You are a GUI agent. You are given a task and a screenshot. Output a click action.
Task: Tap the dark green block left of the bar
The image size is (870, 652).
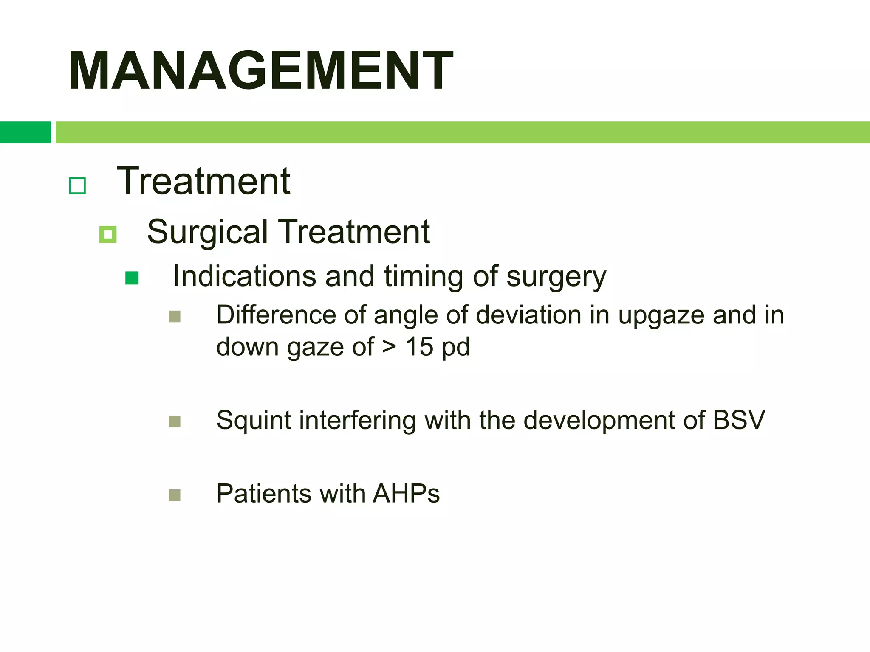tap(25, 132)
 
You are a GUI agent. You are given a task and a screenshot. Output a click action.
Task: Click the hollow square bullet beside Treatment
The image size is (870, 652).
tap(77, 186)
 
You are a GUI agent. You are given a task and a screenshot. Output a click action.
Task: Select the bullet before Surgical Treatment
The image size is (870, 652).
tap(108, 234)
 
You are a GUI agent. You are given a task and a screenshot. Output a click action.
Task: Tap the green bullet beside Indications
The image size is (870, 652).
tap(132, 278)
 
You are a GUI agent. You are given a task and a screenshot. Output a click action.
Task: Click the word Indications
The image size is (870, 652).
tap(245, 276)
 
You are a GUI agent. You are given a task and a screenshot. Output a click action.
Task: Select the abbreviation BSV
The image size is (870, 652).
tap(739, 420)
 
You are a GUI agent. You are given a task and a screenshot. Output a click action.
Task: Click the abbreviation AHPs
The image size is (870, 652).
tap(406, 494)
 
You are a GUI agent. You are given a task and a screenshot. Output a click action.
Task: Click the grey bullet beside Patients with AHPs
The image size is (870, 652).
tap(175, 495)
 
